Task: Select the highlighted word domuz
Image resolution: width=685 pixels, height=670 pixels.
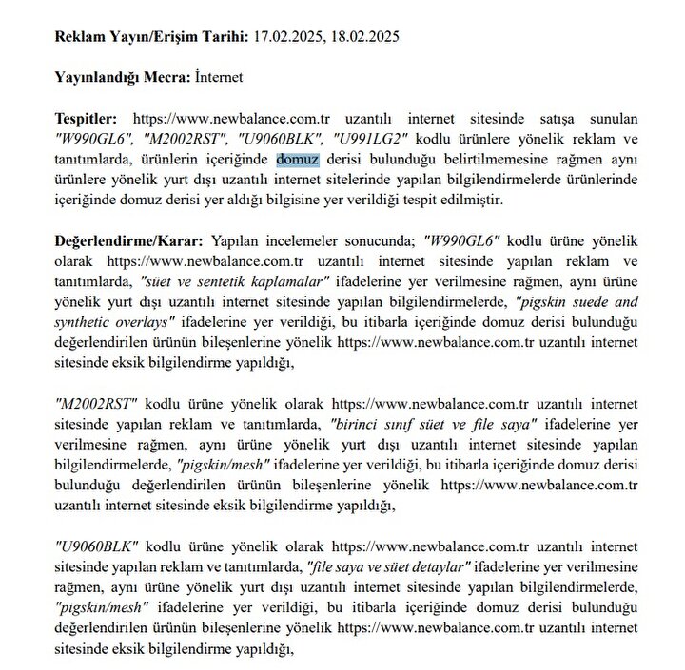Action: (x=298, y=160)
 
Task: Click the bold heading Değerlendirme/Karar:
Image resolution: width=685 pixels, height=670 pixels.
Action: (x=129, y=242)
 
